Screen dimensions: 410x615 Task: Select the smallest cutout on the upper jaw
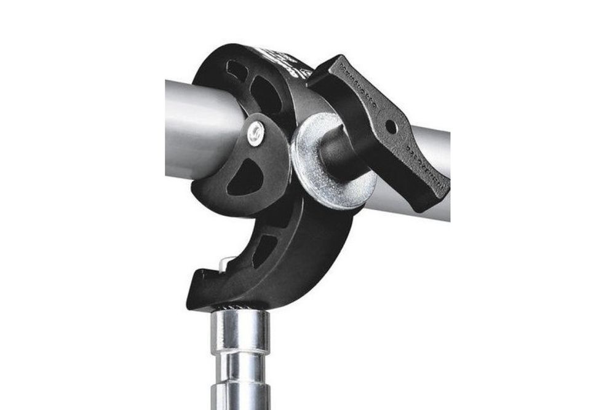[x=236, y=71]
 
